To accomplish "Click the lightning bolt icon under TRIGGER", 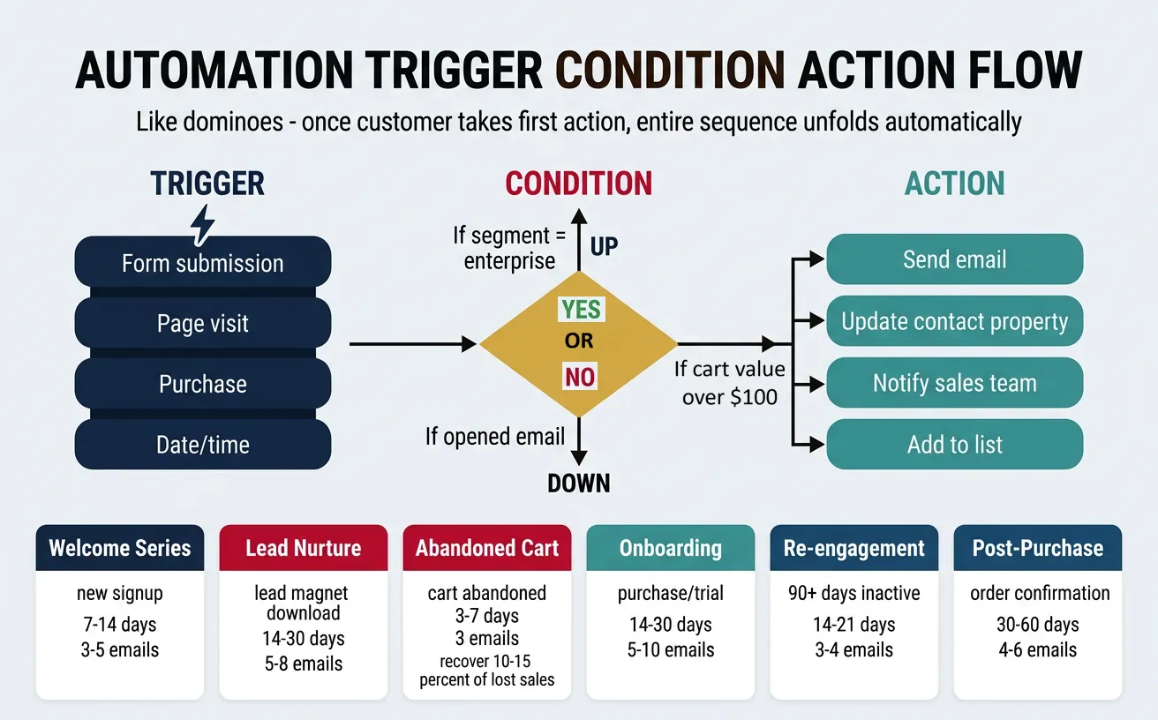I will click(x=203, y=226).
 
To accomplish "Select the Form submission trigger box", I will click(x=203, y=263).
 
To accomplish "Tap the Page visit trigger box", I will click(x=203, y=323).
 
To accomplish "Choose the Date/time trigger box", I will click(x=203, y=445).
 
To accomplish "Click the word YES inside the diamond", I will click(x=580, y=309).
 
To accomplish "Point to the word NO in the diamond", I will click(x=580, y=378).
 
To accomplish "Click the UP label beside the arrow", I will click(x=605, y=246).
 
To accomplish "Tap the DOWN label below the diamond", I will click(x=578, y=483).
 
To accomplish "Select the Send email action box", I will click(x=954, y=259).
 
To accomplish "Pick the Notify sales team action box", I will click(x=954, y=383).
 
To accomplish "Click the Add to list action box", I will click(x=954, y=445).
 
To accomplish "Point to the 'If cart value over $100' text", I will click(x=729, y=383).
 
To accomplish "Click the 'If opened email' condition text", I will click(x=494, y=436).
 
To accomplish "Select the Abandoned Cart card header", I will click(x=487, y=548).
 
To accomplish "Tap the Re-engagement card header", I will click(x=853, y=548).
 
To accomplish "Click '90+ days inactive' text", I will click(x=853, y=594).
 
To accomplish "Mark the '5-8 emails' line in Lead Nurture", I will click(x=303, y=664).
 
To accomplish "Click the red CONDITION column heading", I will click(x=578, y=184).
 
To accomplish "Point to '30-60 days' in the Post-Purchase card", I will click(x=1037, y=625).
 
